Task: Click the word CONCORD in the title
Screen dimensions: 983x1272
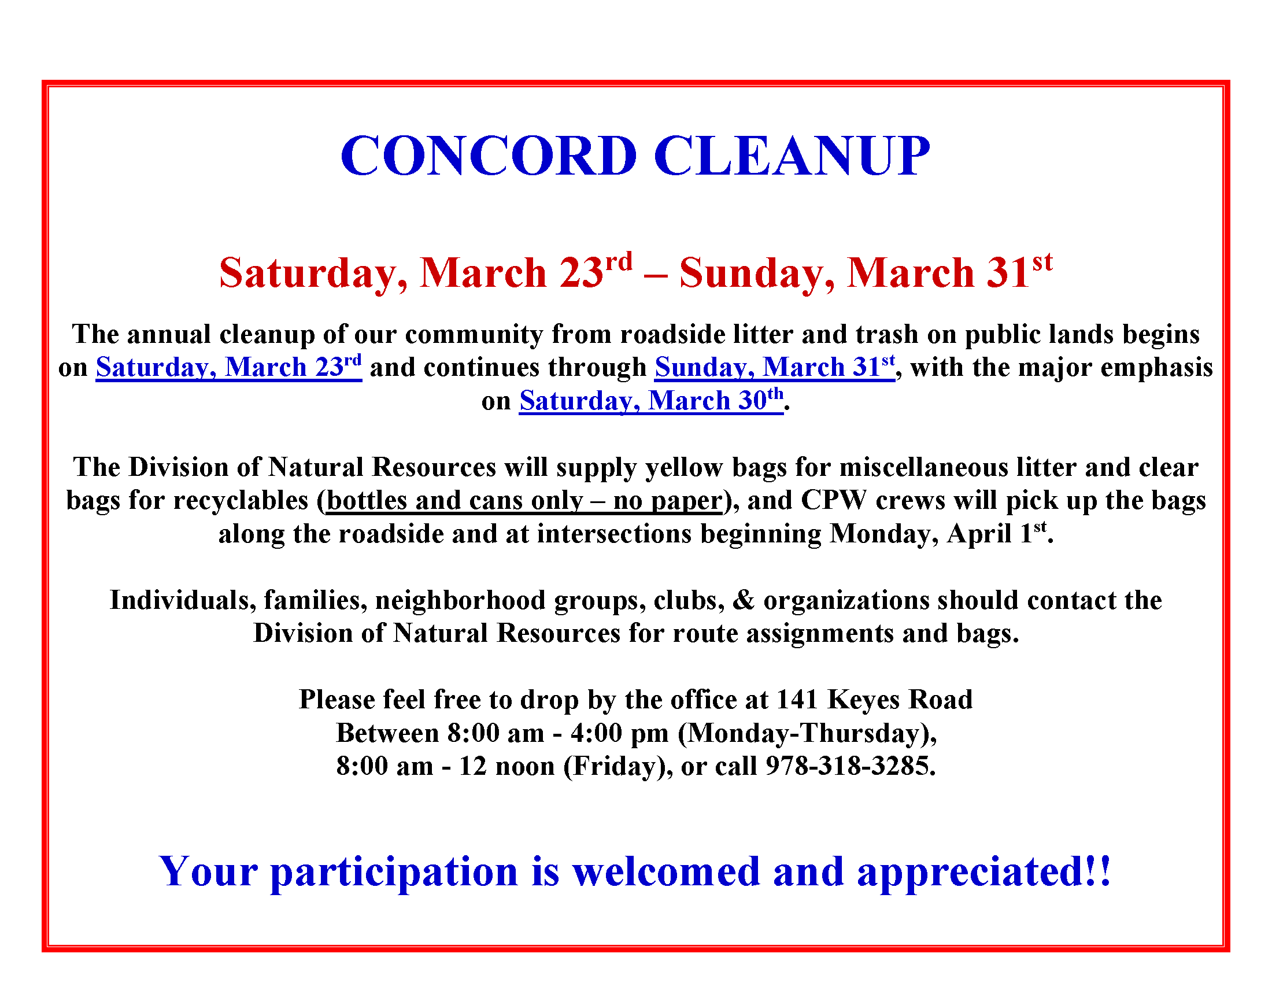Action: click(x=489, y=156)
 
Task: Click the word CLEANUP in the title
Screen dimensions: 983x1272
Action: click(x=792, y=156)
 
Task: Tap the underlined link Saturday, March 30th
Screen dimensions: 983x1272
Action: click(x=650, y=401)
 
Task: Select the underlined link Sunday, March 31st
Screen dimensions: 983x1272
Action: click(x=774, y=367)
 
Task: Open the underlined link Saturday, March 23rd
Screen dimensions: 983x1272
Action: click(x=228, y=367)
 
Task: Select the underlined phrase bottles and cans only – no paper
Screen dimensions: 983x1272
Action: click(x=524, y=501)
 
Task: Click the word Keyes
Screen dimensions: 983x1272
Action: click(x=863, y=700)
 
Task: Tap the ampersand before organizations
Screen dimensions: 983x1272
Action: click(x=743, y=600)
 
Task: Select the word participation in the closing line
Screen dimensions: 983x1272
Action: click(x=394, y=872)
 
